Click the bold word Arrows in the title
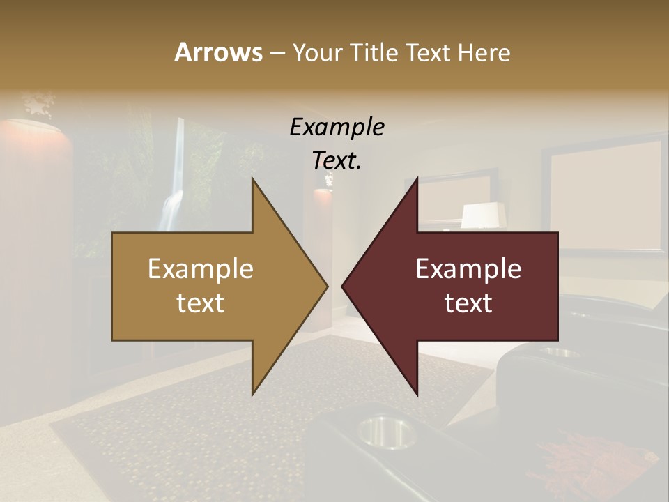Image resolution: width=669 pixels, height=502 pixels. [x=218, y=52]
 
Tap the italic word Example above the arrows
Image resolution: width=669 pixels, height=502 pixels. [x=337, y=127]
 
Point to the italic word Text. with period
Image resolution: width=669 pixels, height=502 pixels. [x=337, y=160]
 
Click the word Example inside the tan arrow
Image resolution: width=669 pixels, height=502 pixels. [x=201, y=269]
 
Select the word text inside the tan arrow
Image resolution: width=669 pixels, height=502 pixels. [x=201, y=303]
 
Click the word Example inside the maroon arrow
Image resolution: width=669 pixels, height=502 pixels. [x=468, y=269]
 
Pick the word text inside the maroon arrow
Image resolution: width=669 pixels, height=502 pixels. [x=468, y=303]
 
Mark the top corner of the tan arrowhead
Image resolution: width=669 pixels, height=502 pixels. [x=252, y=179]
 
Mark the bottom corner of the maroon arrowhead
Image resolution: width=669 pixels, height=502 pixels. [x=417, y=394]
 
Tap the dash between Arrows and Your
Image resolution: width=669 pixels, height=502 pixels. [x=277, y=53]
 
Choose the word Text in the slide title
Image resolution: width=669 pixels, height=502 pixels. [x=429, y=52]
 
